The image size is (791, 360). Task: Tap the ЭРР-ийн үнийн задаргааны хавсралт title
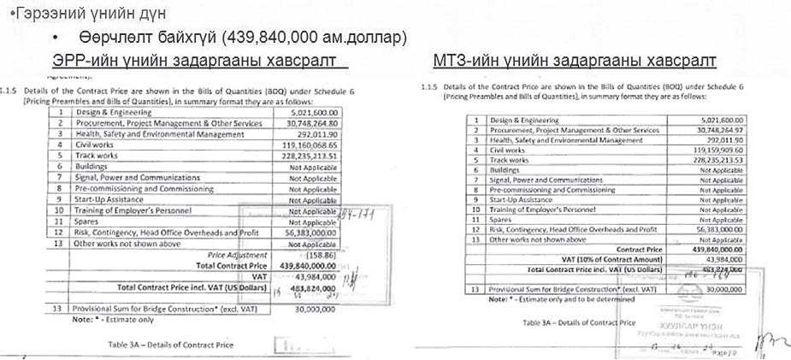point(192,62)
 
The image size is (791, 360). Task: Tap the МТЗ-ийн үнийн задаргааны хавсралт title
point(574,62)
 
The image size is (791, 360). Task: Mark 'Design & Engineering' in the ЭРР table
point(109,111)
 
